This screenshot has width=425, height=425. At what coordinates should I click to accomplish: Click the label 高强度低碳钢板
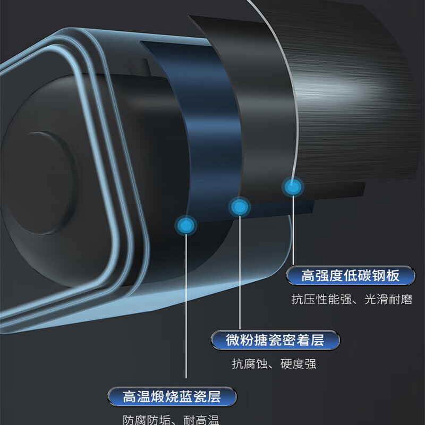tap(350, 276)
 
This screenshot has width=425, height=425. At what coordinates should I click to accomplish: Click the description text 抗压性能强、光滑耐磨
tap(352, 300)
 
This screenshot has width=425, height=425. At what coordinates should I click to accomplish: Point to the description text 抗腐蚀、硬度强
tap(274, 364)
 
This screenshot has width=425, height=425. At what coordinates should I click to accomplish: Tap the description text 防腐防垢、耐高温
tap(171, 420)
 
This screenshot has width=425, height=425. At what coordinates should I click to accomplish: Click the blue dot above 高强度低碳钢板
tap(292, 186)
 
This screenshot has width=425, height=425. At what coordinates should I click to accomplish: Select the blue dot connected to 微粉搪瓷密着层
tap(240, 207)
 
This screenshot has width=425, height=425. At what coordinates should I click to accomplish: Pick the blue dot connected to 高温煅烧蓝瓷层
tap(185, 225)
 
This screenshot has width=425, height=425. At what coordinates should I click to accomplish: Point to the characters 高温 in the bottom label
tap(135, 396)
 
